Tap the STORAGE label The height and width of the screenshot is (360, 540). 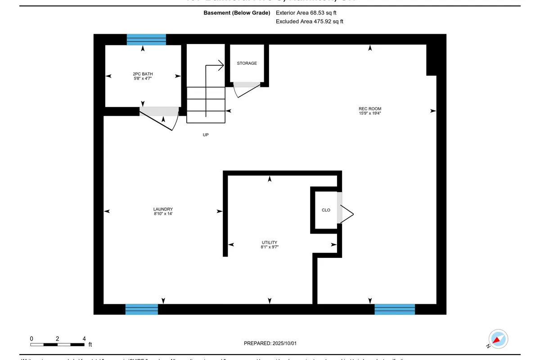point(247,63)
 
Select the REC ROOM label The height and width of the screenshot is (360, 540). point(370,109)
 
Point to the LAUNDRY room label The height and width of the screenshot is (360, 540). point(163,209)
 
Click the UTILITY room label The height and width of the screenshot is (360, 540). point(270,243)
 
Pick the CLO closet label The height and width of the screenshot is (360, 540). point(326,210)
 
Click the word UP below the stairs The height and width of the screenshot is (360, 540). point(206,135)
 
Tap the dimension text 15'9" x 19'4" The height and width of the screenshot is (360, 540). point(370,114)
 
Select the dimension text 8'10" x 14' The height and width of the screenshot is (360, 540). point(163,214)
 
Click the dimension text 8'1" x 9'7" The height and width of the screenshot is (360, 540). point(270,247)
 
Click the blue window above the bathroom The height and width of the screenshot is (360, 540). point(146,40)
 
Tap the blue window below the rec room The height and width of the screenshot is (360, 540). point(395,309)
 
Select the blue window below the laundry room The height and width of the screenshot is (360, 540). point(141,309)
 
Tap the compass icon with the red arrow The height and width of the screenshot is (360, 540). point(498,339)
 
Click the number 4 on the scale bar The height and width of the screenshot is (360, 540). point(84,338)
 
